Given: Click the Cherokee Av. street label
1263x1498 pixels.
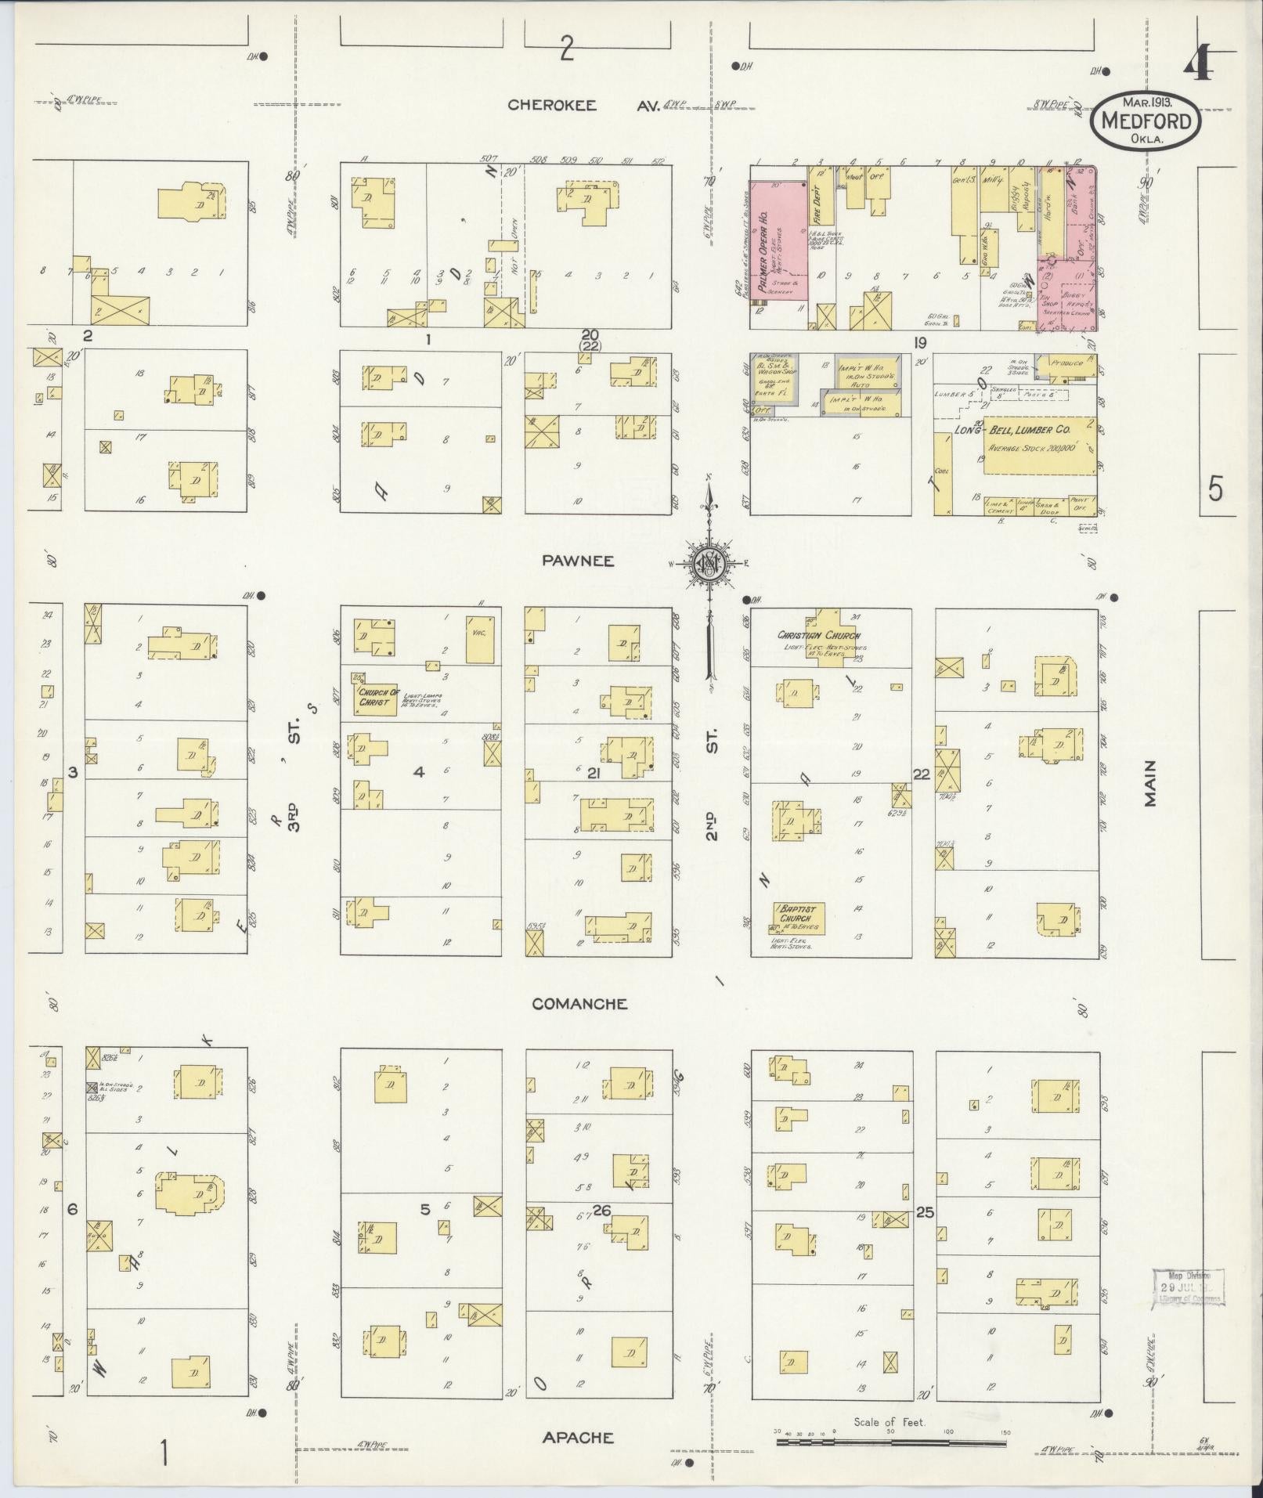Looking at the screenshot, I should coord(583,105).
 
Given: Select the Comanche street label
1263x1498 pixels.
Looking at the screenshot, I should coord(579,1004).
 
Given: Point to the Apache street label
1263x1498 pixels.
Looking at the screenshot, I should coord(578,1438).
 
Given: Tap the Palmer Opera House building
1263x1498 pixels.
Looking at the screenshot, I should coord(778,243).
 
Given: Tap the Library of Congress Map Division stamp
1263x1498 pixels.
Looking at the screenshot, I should coord(1186,1287).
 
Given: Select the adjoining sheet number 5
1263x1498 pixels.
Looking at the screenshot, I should coord(1214,489).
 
